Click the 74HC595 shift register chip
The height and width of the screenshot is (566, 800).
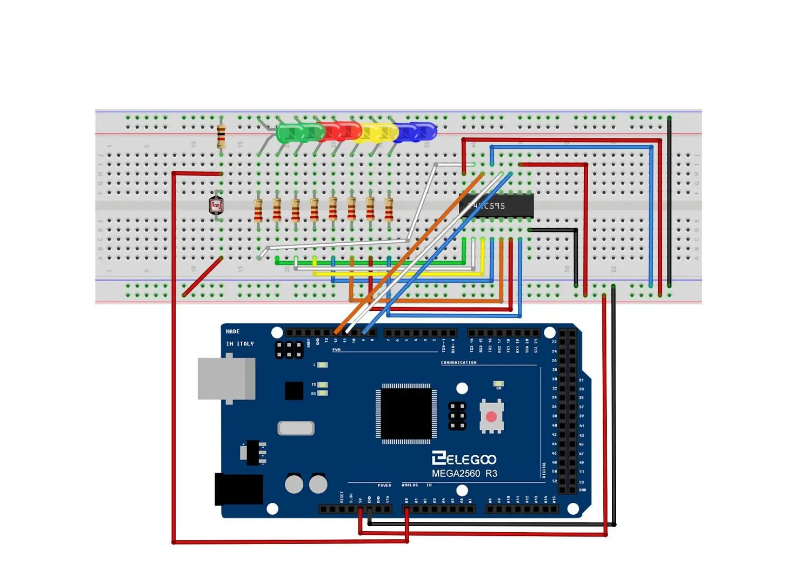(x=496, y=206)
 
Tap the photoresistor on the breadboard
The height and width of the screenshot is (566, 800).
(x=216, y=205)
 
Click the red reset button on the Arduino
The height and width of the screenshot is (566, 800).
(x=491, y=417)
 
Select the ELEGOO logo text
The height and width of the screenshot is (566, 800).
(x=464, y=459)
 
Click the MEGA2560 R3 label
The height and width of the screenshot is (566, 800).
(x=464, y=473)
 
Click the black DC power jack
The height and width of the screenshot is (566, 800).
(x=238, y=489)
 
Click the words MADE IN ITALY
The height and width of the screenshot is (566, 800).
(x=239, y=337)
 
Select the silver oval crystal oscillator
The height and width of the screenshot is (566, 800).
(x=296, y=428)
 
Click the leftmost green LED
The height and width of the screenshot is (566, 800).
(x=287, y=133)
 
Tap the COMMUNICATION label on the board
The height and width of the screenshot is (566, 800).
(x=458, y=363)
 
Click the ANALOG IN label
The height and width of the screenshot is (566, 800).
(x=416, y=485)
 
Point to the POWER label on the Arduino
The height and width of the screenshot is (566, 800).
(x=384, y=485)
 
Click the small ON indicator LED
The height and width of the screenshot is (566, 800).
(x=498, y=384)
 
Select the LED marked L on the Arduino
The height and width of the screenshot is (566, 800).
(x=323, y=365)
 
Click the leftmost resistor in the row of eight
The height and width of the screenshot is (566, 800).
(x=258, y=210)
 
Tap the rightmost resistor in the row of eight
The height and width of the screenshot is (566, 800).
(x=389, y=209)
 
